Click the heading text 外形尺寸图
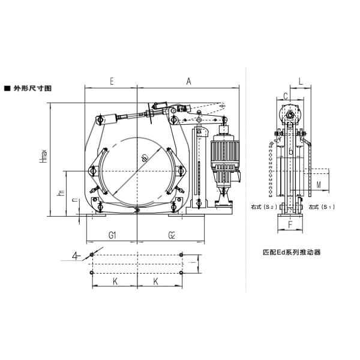pyautogui.click(x=33, y=88)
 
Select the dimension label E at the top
pyautogui.click(x=112, y=80)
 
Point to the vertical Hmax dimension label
pyautogui.click(x=43, y=160)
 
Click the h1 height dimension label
pyautogui.click(x=59, y=193)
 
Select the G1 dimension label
pyautogui.click(x=112, y=235)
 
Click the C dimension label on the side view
pyautogui.click(x=286, y=95)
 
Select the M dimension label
pyautogui.click(x=319, y=183)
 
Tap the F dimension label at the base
pyautogui.click(x=290, y=226)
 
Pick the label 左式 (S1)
pyautogui.click(x=321, y=207)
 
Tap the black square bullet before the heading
pyautogui.click(x=7, y=88)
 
